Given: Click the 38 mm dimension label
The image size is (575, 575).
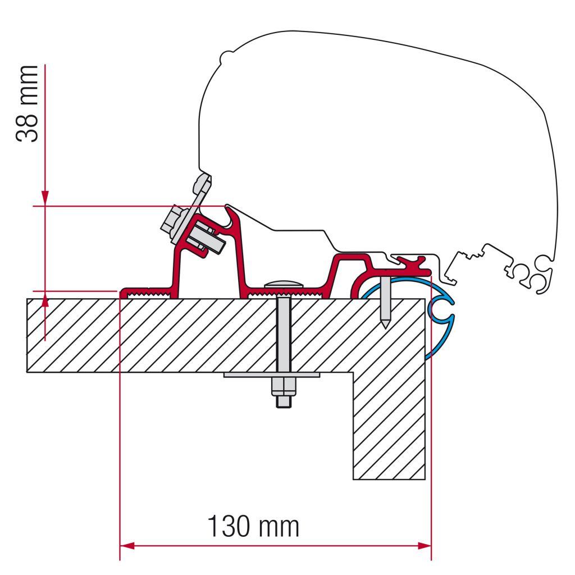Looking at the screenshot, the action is point(27,104).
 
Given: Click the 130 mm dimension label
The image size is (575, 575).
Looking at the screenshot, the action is point(253,526).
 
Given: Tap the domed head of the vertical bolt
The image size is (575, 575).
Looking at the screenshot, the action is point(283,284).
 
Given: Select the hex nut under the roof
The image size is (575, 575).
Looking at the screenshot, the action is point(284,387).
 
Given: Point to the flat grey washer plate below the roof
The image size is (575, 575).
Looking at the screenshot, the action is point(272,375).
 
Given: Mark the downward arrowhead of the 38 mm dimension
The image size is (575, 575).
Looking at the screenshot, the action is point(45,198).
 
